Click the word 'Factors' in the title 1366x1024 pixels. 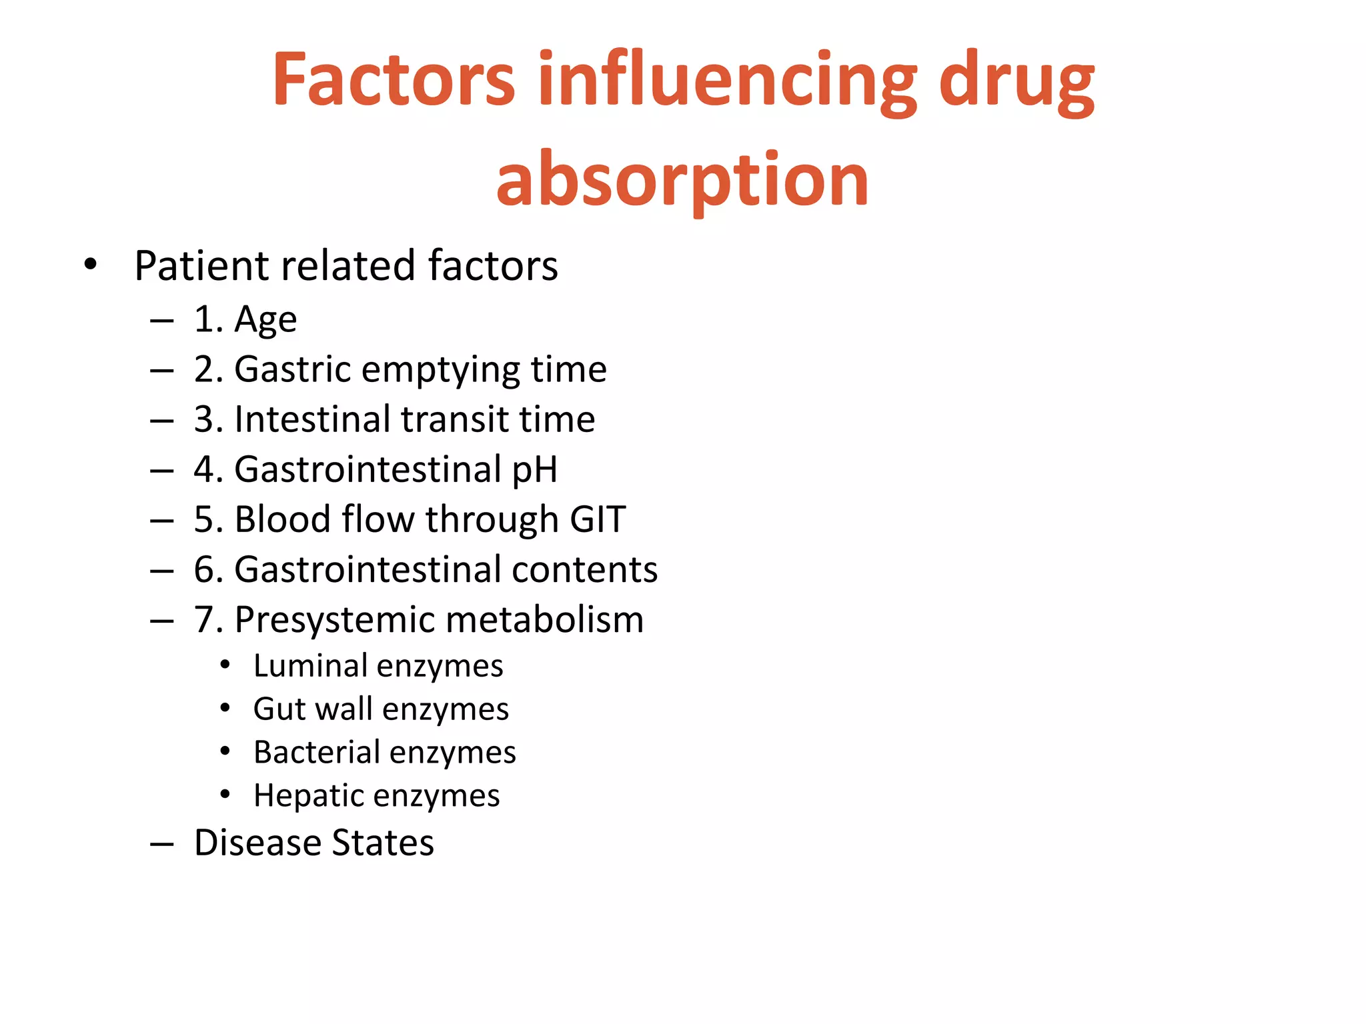click(x=394, y=80)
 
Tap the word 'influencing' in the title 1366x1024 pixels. click(x=728, y=80)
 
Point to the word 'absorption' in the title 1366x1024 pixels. click(x=682, y=179)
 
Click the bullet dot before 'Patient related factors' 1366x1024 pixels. click(x=91, y=265)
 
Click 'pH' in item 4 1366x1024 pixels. click(x=534, y=469)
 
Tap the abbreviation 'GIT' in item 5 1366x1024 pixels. click(x=598, y=519)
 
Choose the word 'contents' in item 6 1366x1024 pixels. click(x=584, y=569)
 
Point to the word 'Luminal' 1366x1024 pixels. click(x=310, y=665)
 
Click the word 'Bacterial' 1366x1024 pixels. click(x=316, y=752)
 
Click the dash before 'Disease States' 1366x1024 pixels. click(x=162, y=844)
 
